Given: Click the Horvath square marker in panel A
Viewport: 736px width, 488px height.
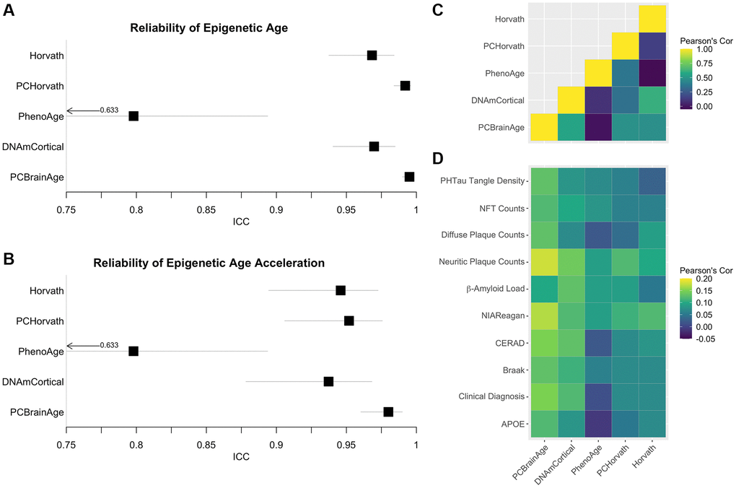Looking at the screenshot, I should click(x=372, y=56).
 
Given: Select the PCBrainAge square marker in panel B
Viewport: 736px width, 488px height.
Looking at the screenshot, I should click(x=388, y=411).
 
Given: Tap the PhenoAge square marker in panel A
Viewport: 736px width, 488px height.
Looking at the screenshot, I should click(x=133, y=116).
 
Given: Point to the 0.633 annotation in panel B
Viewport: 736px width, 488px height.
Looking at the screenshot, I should click(x=109, y=345).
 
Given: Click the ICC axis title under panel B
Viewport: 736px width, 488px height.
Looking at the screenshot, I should click(x=241, y=457).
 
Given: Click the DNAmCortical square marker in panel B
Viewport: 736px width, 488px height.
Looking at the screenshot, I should click(x=328, y=381).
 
